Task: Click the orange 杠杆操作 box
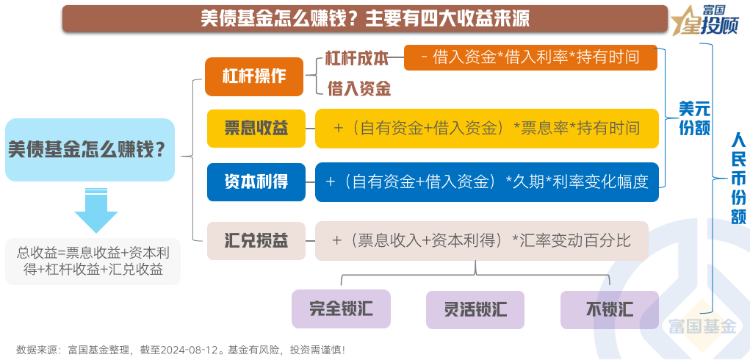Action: (x=254, y=76)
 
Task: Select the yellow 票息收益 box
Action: (x=255, y=129)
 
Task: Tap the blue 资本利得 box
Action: (x=255, y=181)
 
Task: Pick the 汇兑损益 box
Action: (x=255, y=240)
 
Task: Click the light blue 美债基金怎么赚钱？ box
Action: (x=90, y=150)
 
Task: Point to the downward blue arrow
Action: (x=96, y=210)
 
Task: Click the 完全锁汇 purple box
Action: (x=341, y=309)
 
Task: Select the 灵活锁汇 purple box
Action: (x=475, y=309)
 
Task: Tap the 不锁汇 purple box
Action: (x=609, y=309)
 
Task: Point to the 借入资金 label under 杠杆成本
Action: (x=358, y=89)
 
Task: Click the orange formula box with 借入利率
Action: (x=530, y=57)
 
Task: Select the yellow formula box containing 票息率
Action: (x=486, y=129)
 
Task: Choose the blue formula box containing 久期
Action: (x=486, y=181)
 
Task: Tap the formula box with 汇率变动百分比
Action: (x=481, y=240)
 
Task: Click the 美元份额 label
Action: (x=693, y=118)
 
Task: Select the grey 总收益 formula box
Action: (x=93, y=261)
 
